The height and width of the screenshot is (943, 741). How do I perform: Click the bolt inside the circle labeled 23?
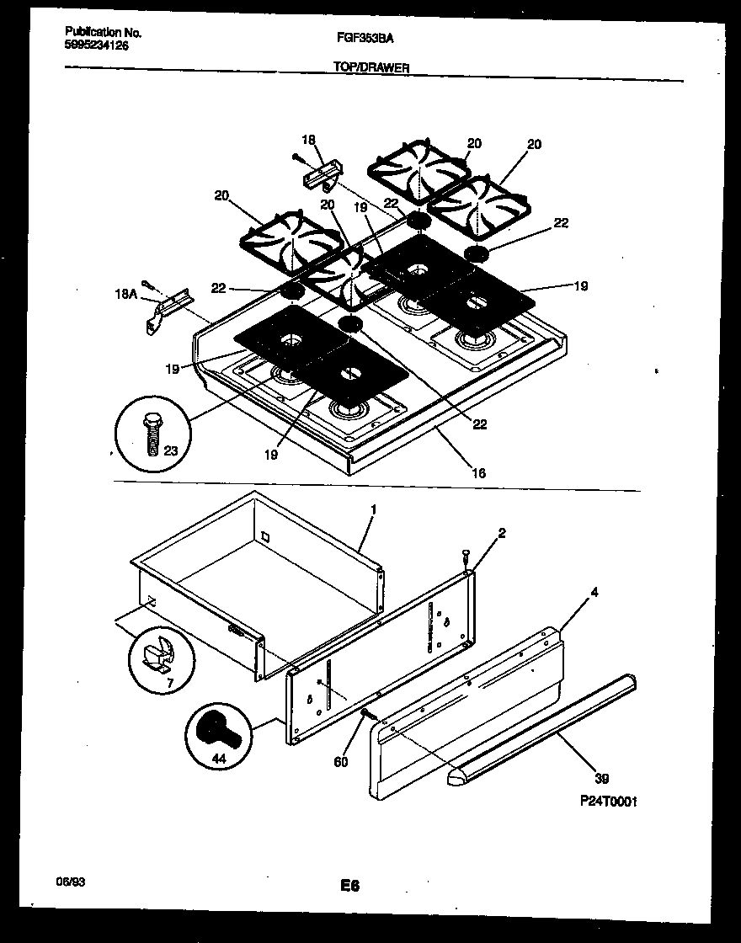[153, 433]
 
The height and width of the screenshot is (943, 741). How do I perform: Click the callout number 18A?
[125, 294]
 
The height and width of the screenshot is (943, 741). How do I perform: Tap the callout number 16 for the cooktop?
[477, 473]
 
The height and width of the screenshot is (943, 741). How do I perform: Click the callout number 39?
[600, 777]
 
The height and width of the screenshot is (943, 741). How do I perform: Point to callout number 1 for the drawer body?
[373, 510]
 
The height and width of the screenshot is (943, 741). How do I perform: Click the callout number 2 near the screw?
[501, 534]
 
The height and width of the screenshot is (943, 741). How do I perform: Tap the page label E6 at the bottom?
[349, 885]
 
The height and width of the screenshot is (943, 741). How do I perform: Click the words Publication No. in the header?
[103, 33]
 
